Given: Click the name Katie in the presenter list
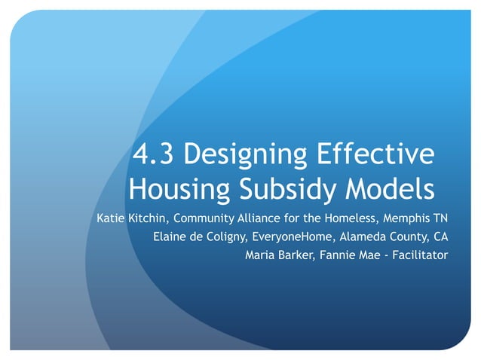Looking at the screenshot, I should (x=112, y=219).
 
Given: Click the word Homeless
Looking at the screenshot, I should (x=357, y=219).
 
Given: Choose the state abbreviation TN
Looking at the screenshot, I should (x=441, y=219).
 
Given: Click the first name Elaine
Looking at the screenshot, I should (x=170, y=237).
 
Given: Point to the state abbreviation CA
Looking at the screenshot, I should (x=440, y=237).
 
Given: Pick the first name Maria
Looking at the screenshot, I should (x=261, y=255).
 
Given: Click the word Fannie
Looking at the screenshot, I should (x=338, y=255).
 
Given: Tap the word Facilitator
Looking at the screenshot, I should (x=419, y=255).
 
